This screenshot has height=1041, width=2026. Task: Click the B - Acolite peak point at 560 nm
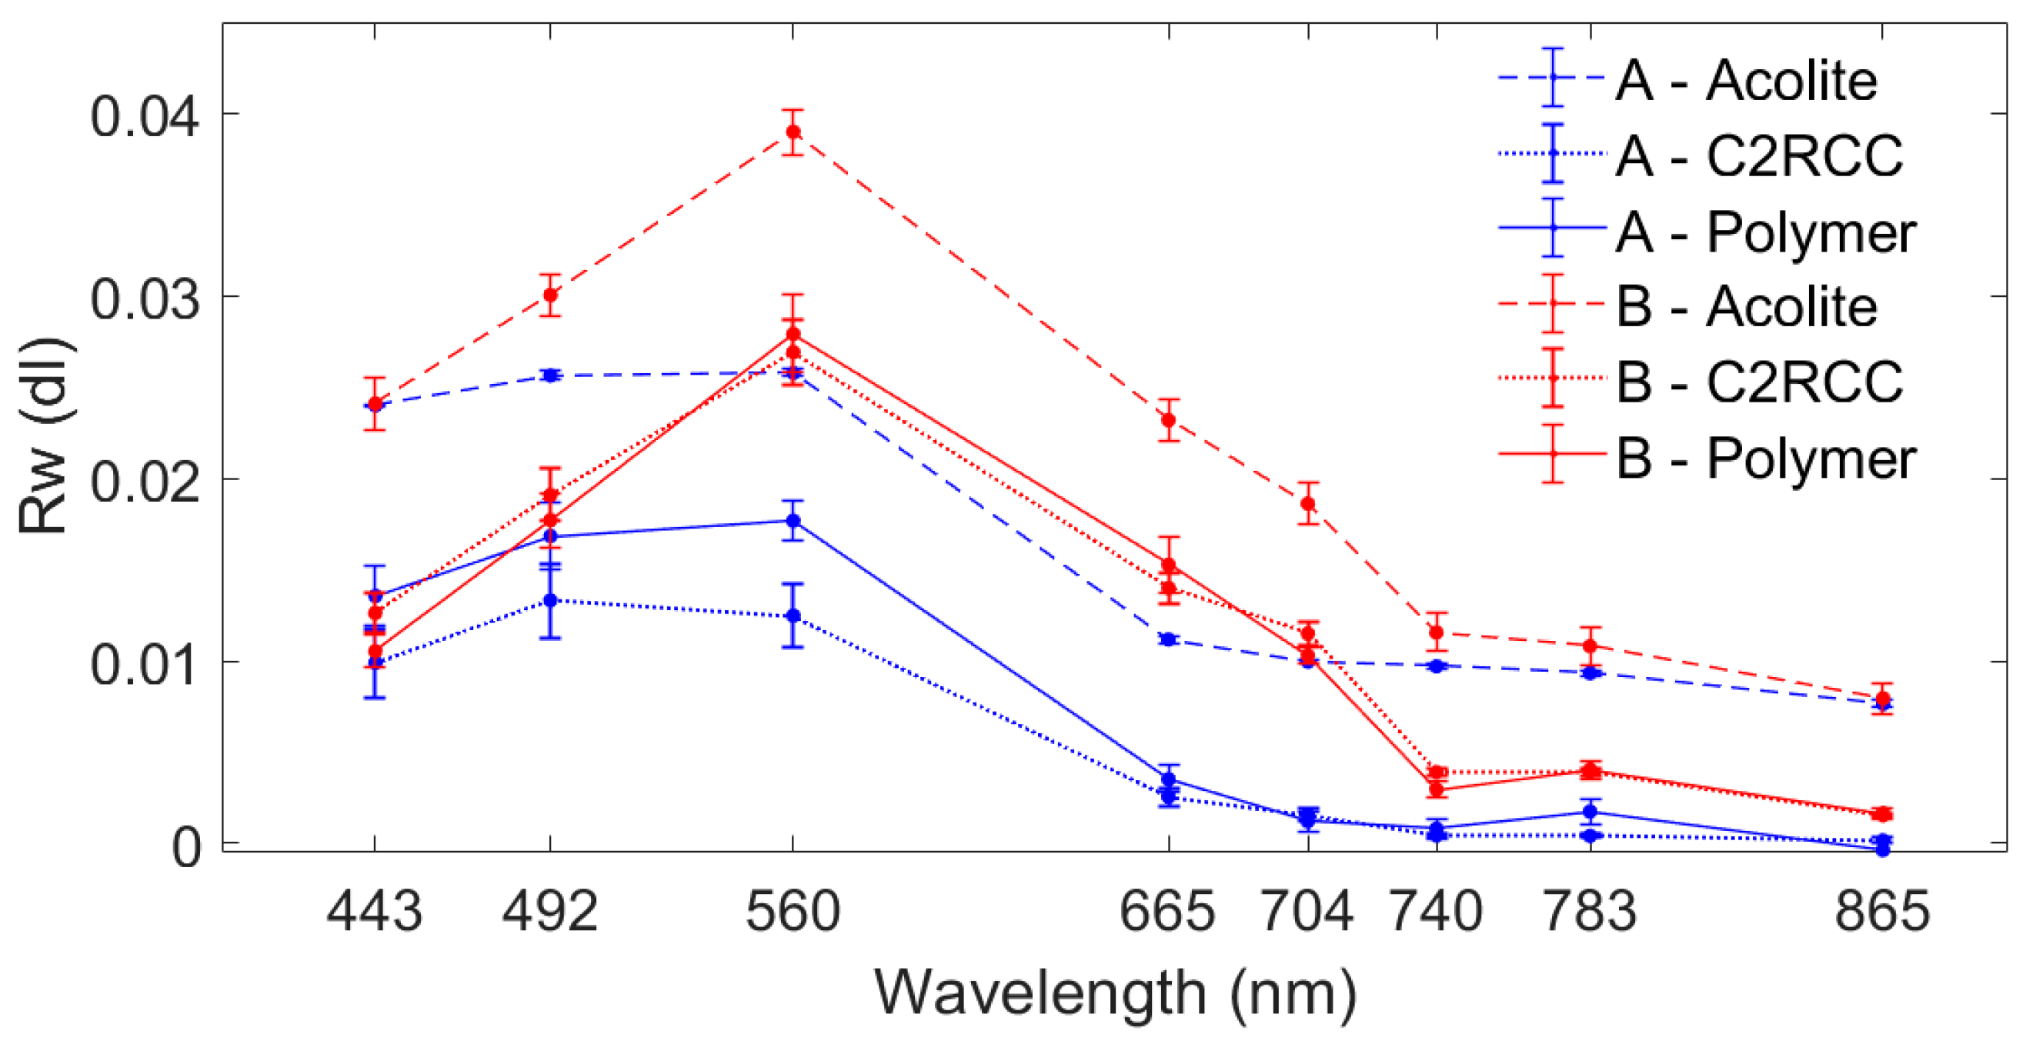tap(793, 132)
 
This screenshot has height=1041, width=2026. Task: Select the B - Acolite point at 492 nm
tap(550, 295)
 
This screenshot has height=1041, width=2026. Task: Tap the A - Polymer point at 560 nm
tap(793, 520)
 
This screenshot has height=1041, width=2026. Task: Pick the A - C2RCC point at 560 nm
tap(793, 616)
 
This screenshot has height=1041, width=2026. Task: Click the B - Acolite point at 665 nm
tap(1169, 420)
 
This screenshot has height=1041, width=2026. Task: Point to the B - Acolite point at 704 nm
tap(1308, 503)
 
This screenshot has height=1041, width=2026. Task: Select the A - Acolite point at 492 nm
tap(550, 375)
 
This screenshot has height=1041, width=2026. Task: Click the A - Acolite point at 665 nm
tap(1169, 639)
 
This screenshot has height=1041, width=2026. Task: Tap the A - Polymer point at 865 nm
tap(1883, 849)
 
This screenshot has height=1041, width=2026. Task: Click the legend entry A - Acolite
tap(1746, 80)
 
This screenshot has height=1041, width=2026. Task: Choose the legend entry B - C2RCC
tap(1758, 382)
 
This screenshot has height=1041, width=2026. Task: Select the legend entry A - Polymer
tap(1765, 232)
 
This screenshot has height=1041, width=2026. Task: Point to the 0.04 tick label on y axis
tap(144, 117)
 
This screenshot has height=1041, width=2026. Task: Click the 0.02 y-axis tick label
tap(144, 482)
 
